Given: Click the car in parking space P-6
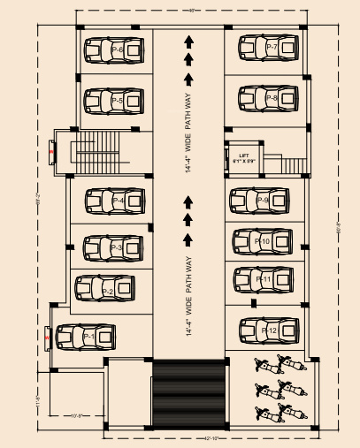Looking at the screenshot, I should pyautogui.click(x=113, y=52).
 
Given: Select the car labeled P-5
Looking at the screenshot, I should pyautogui.click(x=113, y=103).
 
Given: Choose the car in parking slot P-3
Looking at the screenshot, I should pyautogui.click(x=112, y=248).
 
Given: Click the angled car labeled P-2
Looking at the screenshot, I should pyautogui.click(x=105, y=288).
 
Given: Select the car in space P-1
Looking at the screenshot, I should pyautogui.click(x=86, y=337).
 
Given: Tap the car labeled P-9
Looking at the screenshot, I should pyautogui.click(x=260, y=201).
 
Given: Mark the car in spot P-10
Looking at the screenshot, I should pyautogui.click(x=262, y=240).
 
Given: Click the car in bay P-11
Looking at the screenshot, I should pyautogui.click(x=262, y=279).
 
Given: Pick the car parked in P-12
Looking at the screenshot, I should pyautogui.click(x=268, y=330).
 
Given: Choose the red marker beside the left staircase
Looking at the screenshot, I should pyautogui.click(x=51, y=152).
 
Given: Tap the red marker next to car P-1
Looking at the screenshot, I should pyautogui.click(x=44, y=335).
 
